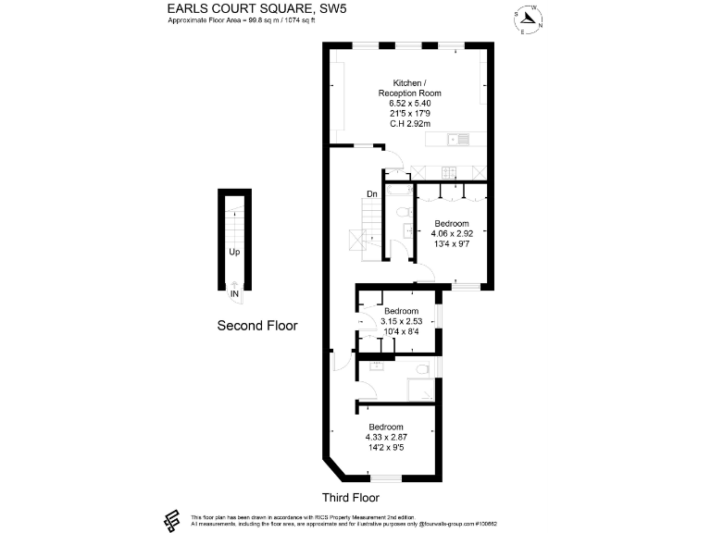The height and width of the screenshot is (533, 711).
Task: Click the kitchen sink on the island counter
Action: pos(456,140)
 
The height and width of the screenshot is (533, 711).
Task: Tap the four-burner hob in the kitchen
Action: pos(449,171)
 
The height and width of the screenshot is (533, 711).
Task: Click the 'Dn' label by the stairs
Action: pos(371,194)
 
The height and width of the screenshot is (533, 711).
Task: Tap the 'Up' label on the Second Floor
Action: pos(235,251)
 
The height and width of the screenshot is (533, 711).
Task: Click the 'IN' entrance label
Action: pos(235,294)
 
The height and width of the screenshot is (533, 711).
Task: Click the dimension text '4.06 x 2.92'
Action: pos(452,234)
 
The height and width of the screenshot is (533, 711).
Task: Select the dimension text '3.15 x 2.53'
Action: pos(401,321)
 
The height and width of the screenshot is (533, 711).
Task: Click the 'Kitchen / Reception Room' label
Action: pos(409,88)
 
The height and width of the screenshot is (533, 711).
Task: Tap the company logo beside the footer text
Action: pos(170,520)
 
